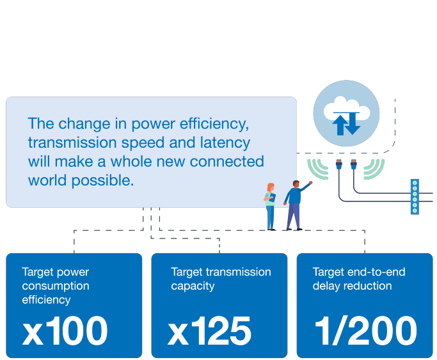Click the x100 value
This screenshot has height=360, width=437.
pos(65,331)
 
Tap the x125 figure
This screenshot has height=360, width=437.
pos(210,331)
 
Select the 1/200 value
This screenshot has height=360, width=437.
pos(365,331)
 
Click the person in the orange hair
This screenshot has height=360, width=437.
pos(270,206)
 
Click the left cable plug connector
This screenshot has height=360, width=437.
pos(339,168)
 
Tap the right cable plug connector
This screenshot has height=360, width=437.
pos(353,168)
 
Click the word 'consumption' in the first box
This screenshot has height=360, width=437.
pos(56,286)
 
